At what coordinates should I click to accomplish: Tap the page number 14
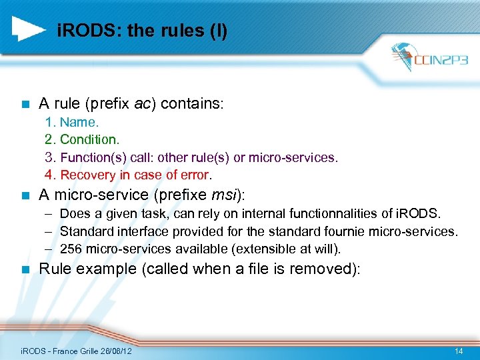(458, 351)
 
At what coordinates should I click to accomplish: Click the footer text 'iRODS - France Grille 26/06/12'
(76, 351)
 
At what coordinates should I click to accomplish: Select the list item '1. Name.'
(71, 122)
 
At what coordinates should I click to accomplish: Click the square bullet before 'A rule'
(25, 105)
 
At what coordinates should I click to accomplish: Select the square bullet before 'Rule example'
(25, 269)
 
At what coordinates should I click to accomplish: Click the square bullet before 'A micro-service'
(25, 195)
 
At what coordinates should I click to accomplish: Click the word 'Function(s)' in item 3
(93, 157)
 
